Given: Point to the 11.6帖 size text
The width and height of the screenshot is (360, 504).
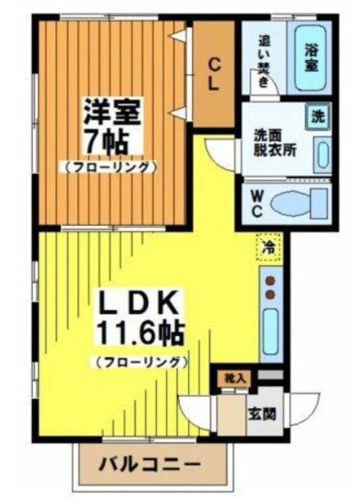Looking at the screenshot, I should (x=140, y=334).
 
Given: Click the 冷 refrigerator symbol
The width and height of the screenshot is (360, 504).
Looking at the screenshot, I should (x=269, y=247).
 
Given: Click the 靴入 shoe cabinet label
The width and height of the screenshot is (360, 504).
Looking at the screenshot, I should (x=234, y=378).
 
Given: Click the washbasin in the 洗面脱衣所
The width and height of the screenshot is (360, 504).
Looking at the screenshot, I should (x=322, y=156).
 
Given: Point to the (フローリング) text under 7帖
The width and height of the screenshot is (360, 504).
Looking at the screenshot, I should (x=111, y=167).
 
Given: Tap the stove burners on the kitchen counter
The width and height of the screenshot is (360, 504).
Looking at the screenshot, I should (x=270, y=287).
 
